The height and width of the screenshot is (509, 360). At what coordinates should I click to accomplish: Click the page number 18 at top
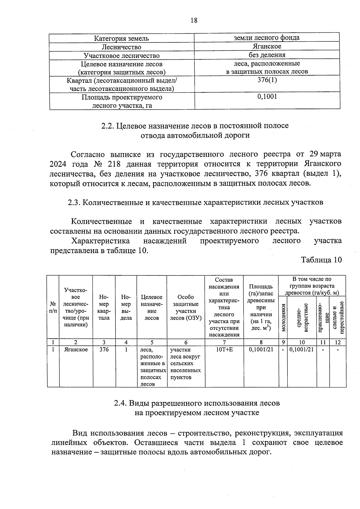pyautogui.click(x=194, y=20)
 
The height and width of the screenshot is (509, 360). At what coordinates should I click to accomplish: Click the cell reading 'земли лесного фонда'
pyautogui.click(x=266, y=37)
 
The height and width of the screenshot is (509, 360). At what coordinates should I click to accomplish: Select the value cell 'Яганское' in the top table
pyautogui.click(x=267, y=46)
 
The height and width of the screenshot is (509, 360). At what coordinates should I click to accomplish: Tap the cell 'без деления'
pyautogui.click(x=267, y=55)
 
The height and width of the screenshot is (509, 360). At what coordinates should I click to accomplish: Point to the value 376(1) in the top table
pyautogui.click(x=267, y=80)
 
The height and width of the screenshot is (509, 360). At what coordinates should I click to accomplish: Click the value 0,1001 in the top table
pyautogui.click(x=267, y=97)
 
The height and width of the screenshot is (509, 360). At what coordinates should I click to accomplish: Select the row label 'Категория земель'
pyautogui.click(x=121, y=38)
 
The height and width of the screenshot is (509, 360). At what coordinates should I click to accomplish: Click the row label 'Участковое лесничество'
pyautogui.click(x=121, y=56)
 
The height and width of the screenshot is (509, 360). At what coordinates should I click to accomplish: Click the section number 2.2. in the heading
pyautogui.click(x=107, y=126)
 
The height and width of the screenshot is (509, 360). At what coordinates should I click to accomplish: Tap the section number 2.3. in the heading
pyautogui.click(x=74, y=202)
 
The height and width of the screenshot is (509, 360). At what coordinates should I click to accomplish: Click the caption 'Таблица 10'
pyautogui.click(x=321, y=260)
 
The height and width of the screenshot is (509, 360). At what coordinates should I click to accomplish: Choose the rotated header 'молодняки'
pyautogui.click(x=283, y=317)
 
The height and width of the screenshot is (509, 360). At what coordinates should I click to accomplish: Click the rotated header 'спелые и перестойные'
pyautogui.click(x=338, y=317)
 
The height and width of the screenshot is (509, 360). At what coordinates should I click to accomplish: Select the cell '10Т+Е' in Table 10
pyautogui.click(x=224, y=350)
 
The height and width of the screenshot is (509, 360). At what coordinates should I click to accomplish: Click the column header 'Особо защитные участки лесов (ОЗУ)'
pyautogui.click(x=186, y=307)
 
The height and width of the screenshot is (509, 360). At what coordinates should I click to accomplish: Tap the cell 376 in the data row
pyautogui.click(x=104, y=350)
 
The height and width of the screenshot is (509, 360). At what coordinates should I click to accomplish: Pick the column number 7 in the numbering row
pyautogui.click(x=224, y=342)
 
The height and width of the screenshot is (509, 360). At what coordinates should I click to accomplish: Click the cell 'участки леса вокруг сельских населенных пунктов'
pyautogui.click(x=186, y=364)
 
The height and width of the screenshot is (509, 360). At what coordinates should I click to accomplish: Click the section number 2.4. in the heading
pyautogui.click(x=121, y=403)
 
